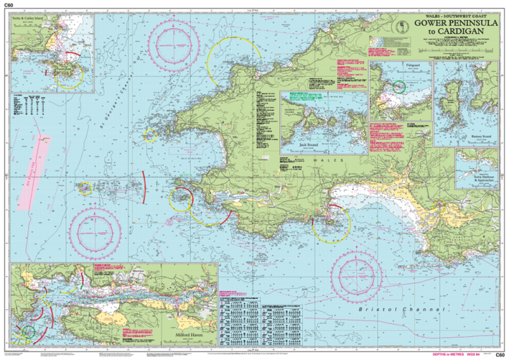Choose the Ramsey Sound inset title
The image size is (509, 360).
[471, 135]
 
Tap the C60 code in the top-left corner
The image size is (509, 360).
[9, 6]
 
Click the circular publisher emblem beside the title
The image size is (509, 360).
[400, 27]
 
